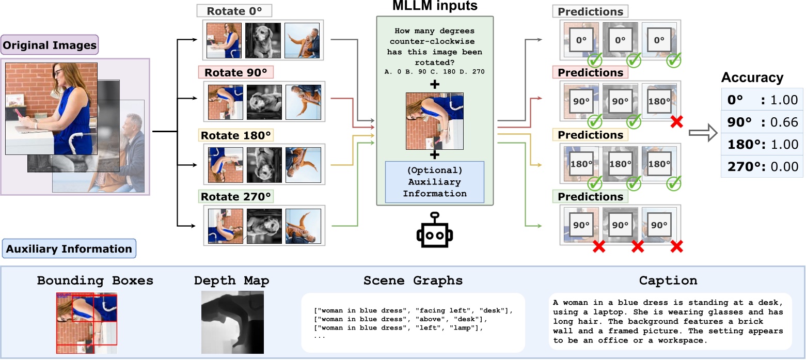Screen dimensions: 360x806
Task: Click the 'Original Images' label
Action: (x=50, y=46)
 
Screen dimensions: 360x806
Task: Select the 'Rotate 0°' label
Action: (x=234, y=11)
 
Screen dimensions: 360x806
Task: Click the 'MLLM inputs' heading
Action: (x=435, y=7)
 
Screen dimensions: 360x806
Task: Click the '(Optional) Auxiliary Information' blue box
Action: (x=434, y=182)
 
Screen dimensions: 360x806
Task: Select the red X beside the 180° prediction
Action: (x=676, y=122)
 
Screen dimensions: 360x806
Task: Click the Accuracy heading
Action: (x=752, y=77)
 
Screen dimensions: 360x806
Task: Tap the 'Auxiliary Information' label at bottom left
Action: (x=69, y=249)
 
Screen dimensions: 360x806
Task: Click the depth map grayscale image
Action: (x=232, y=322)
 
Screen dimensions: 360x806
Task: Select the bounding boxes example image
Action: (x=87, y=323)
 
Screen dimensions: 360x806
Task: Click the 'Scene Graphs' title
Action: (x=413, y=281)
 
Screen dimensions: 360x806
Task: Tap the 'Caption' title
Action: (x=668, y=281)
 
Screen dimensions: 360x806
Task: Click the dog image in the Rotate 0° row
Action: (x=263, y=40)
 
